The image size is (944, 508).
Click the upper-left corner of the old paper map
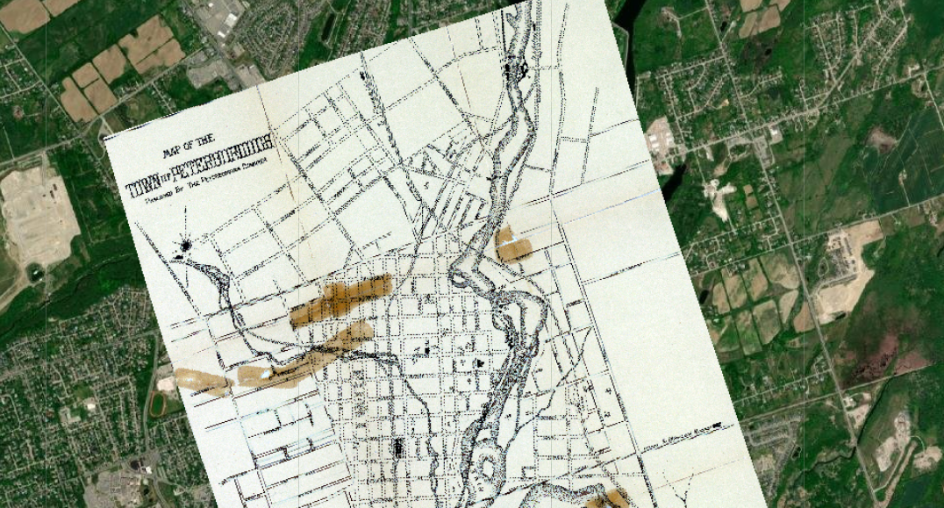tap(104, 139)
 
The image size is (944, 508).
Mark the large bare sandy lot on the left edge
tap(36, 215)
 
